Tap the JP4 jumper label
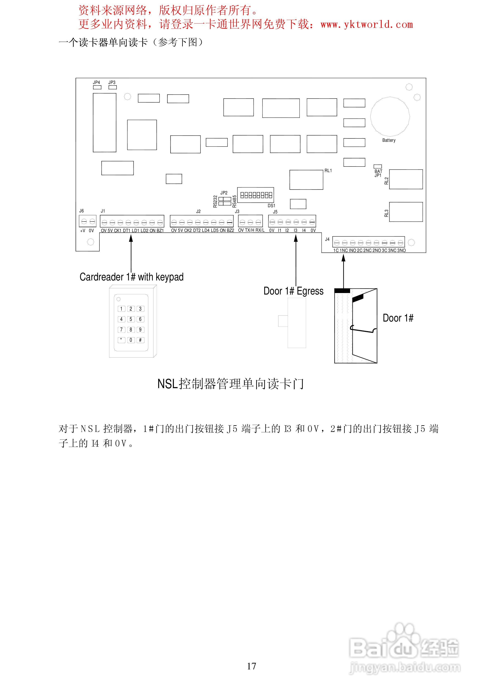(x=96, y=82)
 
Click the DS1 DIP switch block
(x=256, y=195)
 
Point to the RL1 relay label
(x=328, y=171)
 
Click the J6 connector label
(x=81, y=211)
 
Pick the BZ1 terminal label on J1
(x=160, y=231)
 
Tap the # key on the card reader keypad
(x=140, y=340)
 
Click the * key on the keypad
(x=121, y=340)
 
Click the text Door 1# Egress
(x=293, y=291)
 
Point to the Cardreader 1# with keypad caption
(x=131, y=277)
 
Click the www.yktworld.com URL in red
(x=367, y=25)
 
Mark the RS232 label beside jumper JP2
(x=215, y=201)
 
